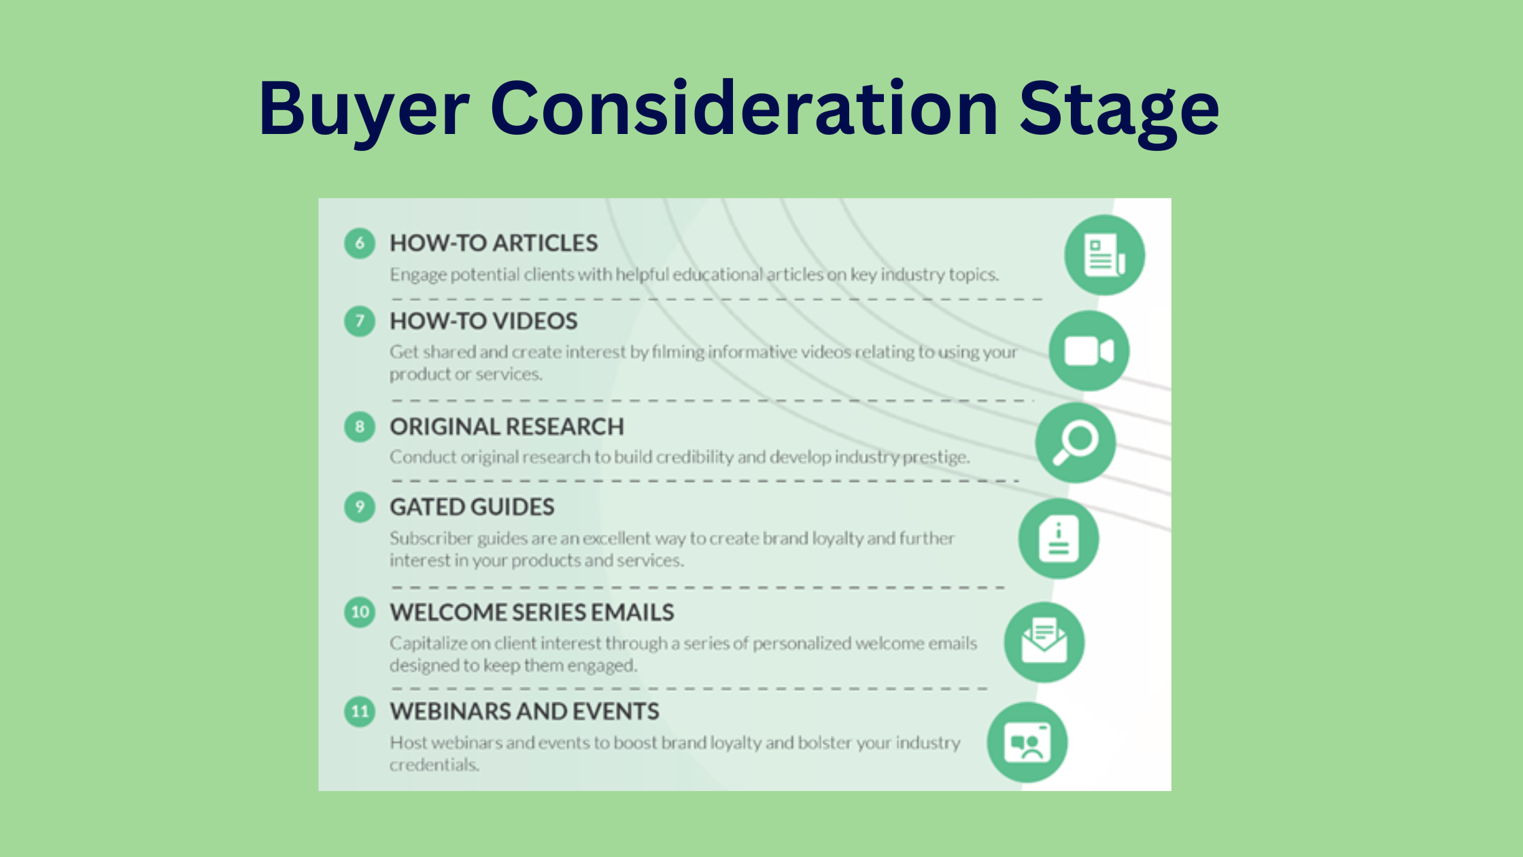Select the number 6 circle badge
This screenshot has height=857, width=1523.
(x=360, y=243)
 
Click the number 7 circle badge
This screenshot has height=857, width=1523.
(x=360, y=321)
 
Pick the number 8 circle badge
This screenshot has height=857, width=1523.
(x=360, y=427)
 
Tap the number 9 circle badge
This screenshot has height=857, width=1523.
(x=360, y=507)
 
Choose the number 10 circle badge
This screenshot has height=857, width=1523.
(x=360, y=612)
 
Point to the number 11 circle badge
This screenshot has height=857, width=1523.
(x=360, y=711)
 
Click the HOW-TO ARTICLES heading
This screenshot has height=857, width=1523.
(x=494, y=243)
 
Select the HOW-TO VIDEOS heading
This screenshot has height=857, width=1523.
(x=483, y=321)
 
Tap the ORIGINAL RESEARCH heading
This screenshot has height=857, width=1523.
(x=507, y=426)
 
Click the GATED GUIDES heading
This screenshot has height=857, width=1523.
(x=472, y=507)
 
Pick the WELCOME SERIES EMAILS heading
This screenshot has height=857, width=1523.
(x=532, y=612)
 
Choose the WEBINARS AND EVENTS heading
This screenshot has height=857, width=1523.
(x=524, y=711)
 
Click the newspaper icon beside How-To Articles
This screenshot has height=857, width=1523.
(x=1105, y=255)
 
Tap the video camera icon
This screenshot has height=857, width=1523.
(x=1089, y=351)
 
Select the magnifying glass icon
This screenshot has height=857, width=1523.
(x=1076, y=443)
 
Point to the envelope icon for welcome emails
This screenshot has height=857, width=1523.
(x=1044, y=642)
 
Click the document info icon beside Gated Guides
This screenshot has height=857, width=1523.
(x=1059, y=539)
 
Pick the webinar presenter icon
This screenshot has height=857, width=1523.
(x=1027, y=743)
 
